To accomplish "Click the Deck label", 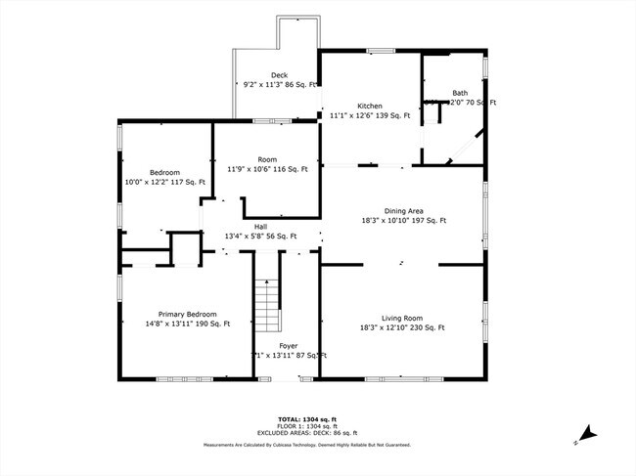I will pos(280,75).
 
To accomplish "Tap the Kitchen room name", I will pos(369,106).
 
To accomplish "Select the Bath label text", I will pos(459,94).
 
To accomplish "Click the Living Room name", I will pos(402,318).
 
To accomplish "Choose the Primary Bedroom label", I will pos(186,315).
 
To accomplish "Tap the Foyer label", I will pos(289,346).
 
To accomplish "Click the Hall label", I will pos(261,227).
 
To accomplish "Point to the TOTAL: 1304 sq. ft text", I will pos(307,416).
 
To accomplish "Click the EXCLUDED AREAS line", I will pos(307,432).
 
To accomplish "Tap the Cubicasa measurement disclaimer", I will pos(307,445).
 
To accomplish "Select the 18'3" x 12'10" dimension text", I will pos(402,327).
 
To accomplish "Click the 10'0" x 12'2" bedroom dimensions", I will pos(164,182).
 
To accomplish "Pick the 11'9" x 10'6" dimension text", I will pos(267,169).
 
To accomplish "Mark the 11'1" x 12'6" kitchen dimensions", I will pos(369,115).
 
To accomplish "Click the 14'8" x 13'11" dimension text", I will pos(186,324).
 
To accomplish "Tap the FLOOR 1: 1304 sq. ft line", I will pos(307,424).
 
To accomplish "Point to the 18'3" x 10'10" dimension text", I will pos(402,221).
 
